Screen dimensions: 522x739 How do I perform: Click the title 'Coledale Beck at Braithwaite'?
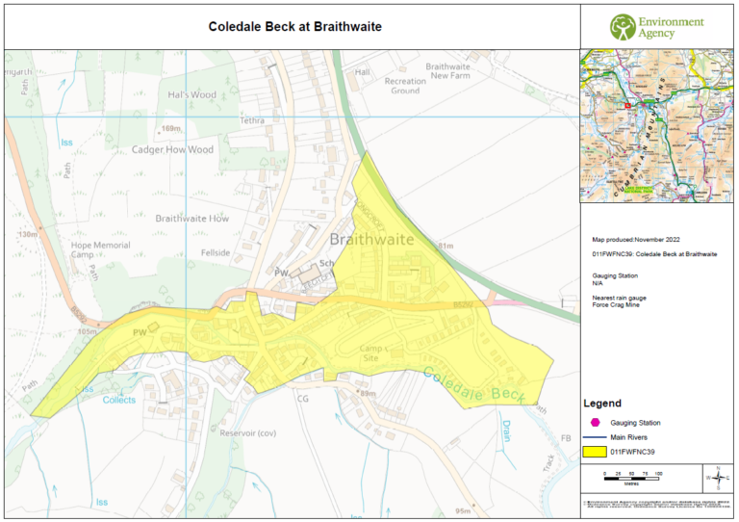click(295, 26)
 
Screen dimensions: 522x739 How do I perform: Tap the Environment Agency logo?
click(659, 26)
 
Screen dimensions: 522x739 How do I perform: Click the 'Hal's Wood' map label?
click(191, 94)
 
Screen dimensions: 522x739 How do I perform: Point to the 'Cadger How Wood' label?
click(174, 149)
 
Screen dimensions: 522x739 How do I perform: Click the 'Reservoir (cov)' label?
click(248, 432)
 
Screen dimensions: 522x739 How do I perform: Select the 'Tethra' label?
click(252, 121)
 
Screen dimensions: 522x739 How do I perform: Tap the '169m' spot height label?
click(172, 128)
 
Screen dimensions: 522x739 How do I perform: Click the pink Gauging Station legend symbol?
click(597, 422)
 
